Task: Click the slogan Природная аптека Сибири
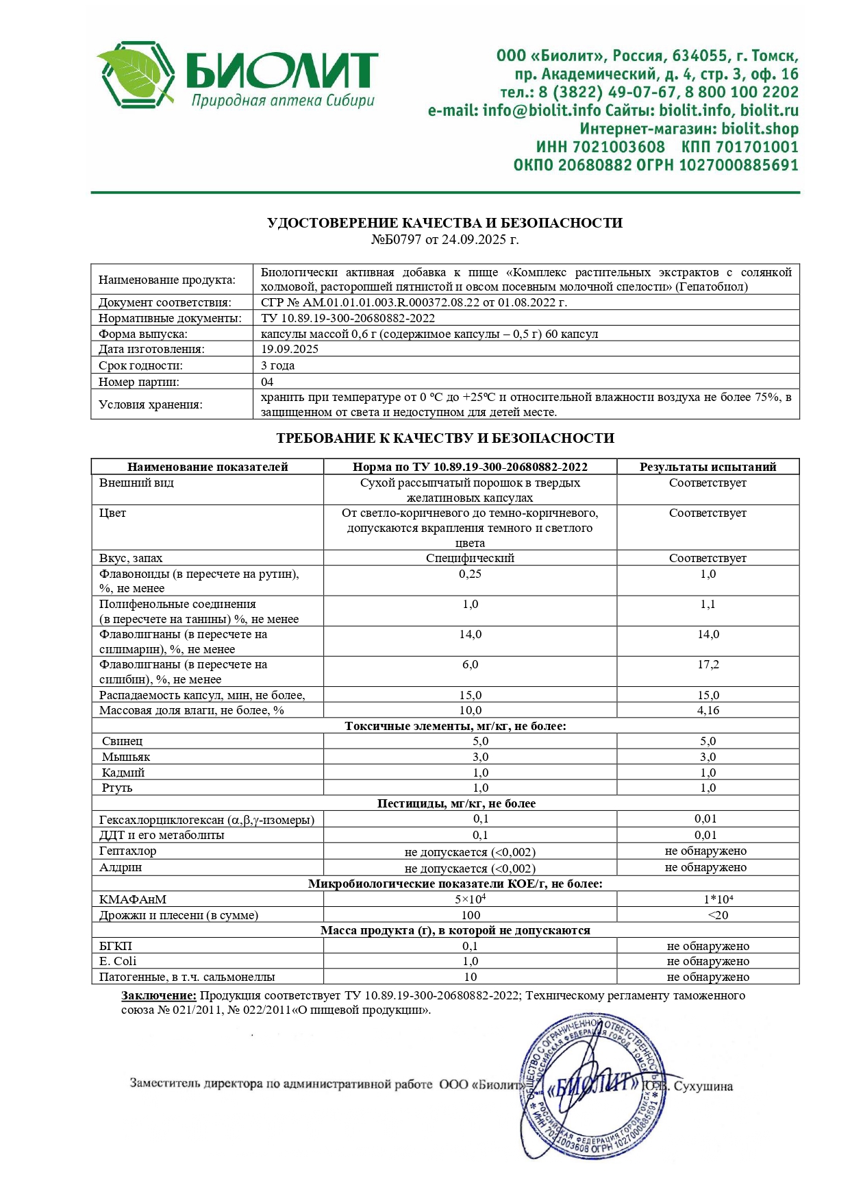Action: coord(283,101)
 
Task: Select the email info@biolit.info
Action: coord(541,110)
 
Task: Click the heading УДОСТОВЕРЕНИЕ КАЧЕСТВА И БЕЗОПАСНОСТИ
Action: coord(445,223)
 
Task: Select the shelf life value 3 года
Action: coord(277,365)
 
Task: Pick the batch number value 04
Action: coord(267,382)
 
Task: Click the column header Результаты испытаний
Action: coord(708,467)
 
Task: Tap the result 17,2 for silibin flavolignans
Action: coord(708,665)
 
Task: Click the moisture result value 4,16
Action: coord(708,711)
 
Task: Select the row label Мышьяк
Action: coord(126,757)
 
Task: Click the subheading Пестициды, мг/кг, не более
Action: coord(456,803)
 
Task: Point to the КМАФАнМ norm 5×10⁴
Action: coord(470,899)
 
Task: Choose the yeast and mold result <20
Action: coord(708,915)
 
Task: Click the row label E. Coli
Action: coord(118,961)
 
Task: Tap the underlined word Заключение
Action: coord(159,995)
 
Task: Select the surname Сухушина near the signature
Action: coord(703,1086)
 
